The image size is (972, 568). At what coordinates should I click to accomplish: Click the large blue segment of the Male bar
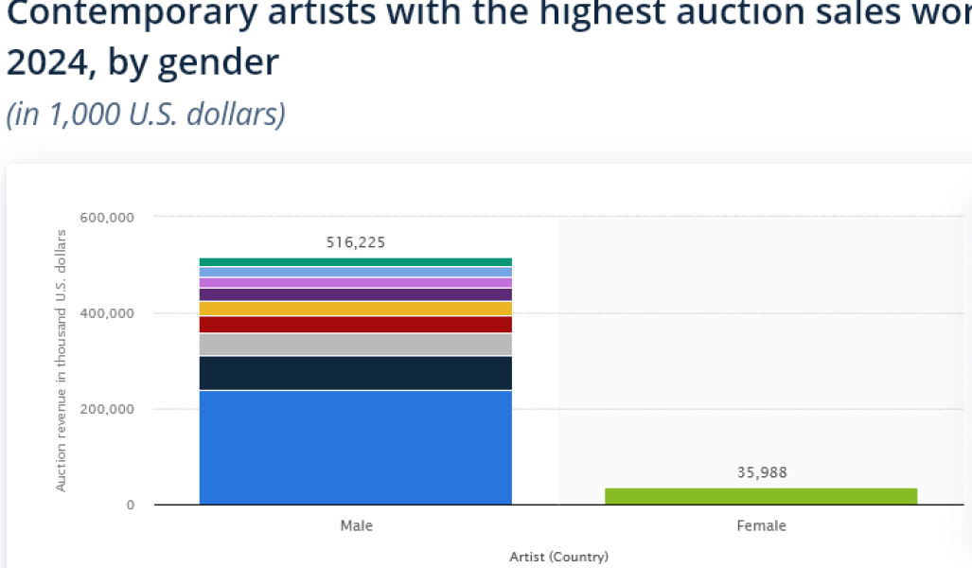pyautogui.click(x=355, y=447)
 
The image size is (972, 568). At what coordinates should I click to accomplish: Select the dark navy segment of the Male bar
pyautogui.click(x=355, y=373)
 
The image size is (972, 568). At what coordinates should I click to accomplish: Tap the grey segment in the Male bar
pyautogui.click(x=355, y=345)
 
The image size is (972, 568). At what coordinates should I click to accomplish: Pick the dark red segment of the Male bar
pyautogui.click(x=355, y=325)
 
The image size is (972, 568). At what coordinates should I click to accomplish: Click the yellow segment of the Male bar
pyautogui.click(x=355, y=309)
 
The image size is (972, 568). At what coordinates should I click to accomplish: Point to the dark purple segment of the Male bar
pyautogui.click(x=355, y=294)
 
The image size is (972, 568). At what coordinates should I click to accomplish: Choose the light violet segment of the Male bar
pyautogui.click(x=355, y=283)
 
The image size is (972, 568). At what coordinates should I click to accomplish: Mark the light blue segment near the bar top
pyautogui.click(x=355, y=272)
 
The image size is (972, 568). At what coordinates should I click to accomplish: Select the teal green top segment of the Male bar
pyautogui.click(x=355, y=262)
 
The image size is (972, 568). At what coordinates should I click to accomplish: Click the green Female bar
pyautogui.click(x=761, y=496)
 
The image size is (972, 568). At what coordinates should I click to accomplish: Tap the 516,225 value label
pyautogui.click(x=356, y=242)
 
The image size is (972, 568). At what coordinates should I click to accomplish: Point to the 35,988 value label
pyautogui.click(x=762, y=472)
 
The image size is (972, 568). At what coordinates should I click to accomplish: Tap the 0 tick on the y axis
pyautogui.click(x=131, y=506)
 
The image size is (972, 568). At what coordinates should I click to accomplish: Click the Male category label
pyautogui.click(x=356, y=525)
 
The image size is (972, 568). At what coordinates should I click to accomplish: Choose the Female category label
pyautogui.click(x=761, y=525)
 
